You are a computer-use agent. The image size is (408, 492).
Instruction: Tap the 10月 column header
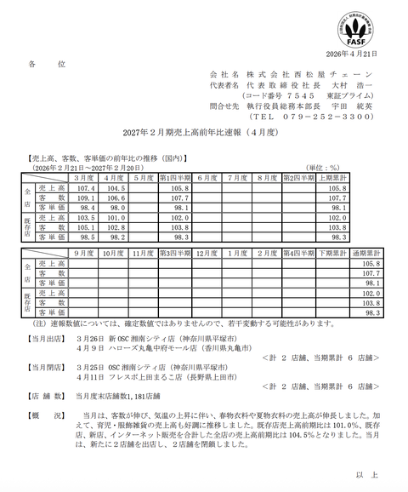pyautogui.click(x=113, y=253)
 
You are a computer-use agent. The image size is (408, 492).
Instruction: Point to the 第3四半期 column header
pyautogui.click(x=173, y=253)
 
